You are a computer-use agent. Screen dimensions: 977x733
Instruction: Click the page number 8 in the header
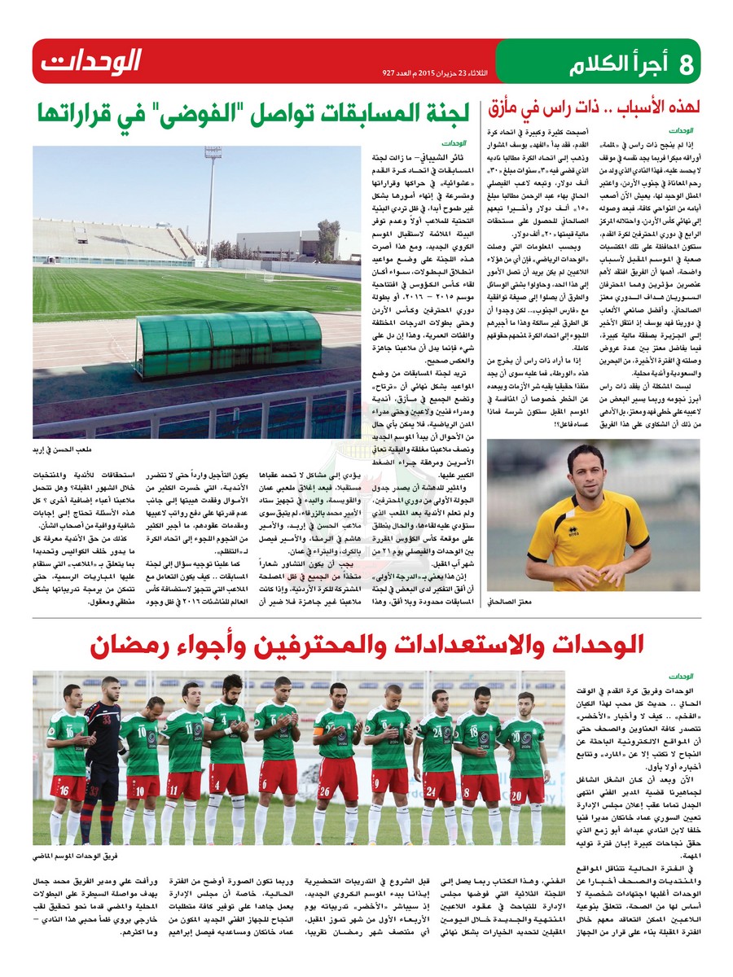(685, 63)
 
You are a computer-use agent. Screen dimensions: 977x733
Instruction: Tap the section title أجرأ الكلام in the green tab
(621, 63)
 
